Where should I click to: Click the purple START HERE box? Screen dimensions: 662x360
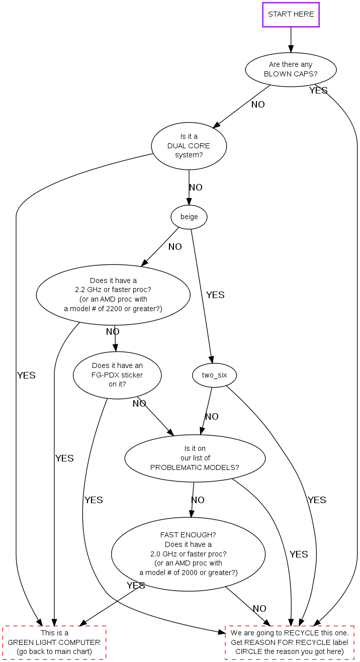pyautogui.click(x=291, y=15)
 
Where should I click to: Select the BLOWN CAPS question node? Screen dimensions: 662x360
pyautogui.click(x=291, y=69)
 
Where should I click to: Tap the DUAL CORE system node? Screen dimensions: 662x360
pyautogui.click(x=189, y=146)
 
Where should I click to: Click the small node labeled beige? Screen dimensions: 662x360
pyautogui.click(x=189, y=217)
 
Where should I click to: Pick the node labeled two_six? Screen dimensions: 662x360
pyautogui.click(x=214, y=375)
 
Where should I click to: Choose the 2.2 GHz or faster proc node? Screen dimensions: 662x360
pyautogui.click(x=113, y=295)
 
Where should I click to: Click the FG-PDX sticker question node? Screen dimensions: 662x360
pyautogui.click(x=117, y=375)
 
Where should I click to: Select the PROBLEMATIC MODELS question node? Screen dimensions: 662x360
pyautogui.click(x=195, y=458)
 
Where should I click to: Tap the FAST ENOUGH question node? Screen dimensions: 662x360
pyautogui.click(x=188, y=553)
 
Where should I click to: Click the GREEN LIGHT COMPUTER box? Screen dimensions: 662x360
pyautogui.click(x=54, y=642)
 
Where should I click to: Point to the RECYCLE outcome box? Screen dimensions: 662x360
pyautogui.click(x=290, y=642)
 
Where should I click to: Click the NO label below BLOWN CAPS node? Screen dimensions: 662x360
pyautogui.click(x=258, y=105)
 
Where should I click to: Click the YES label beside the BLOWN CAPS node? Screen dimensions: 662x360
pyautogui.click(x=318, y=90)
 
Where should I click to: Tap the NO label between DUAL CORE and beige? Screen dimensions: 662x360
pyautogui.click(x=196, y=187)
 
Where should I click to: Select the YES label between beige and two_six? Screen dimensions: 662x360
pyautogui.click(x=215, y=295)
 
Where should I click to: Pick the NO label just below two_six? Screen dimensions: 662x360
pyautogui.click(x=212, y=417)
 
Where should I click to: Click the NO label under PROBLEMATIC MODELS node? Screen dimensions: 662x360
pyautogui.click(x=198, y=500)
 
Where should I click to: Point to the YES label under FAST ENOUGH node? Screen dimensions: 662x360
pyautogui.click(x=136, y=586)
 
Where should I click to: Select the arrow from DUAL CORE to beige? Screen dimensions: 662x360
pyautogui.click(x=189, y=188)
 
